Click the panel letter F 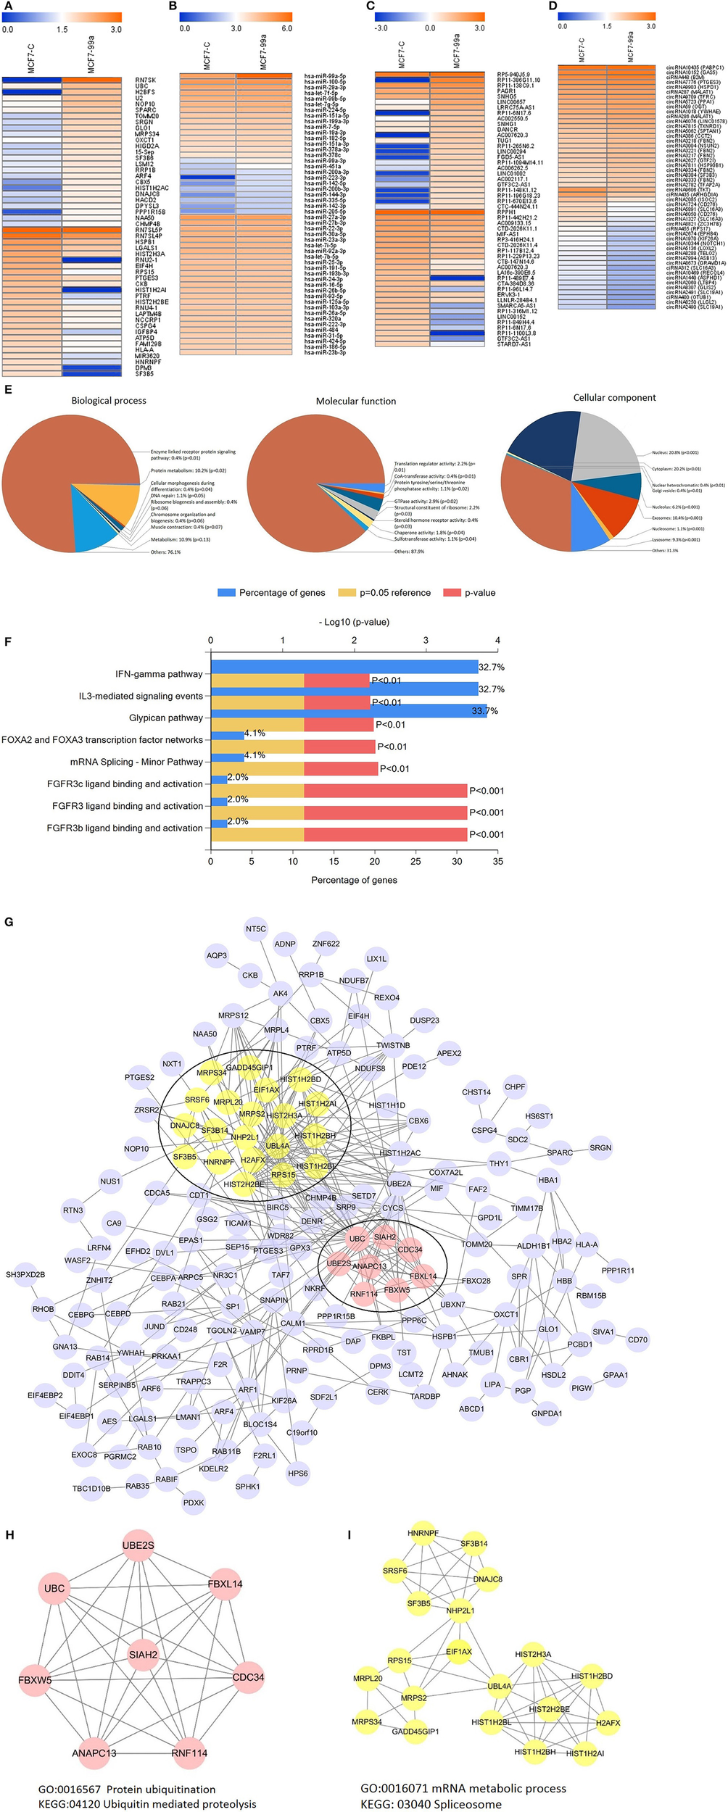(x=7, y=641)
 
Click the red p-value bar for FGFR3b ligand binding (x=385, y=834)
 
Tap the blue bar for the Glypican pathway (x=348, y=711)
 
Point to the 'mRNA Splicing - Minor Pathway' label (x=136, y=762)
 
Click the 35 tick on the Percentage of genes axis (x=497, y=862)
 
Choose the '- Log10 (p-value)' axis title (x=354, y=622)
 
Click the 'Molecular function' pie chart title (x=355, y=401)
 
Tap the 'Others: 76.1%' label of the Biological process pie (x=166, y=552)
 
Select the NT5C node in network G (x=256, y=928)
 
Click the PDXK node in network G (x=194, y=1503)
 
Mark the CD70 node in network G (x=637, y=1339)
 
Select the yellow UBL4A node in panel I (x=499, y=1686)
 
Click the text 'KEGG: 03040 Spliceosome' (x=431, y=1804)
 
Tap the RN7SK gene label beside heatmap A (x=145, y=80)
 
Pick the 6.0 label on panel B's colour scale (x=286, y=29)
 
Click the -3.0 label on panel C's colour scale (x=381, y=28)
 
